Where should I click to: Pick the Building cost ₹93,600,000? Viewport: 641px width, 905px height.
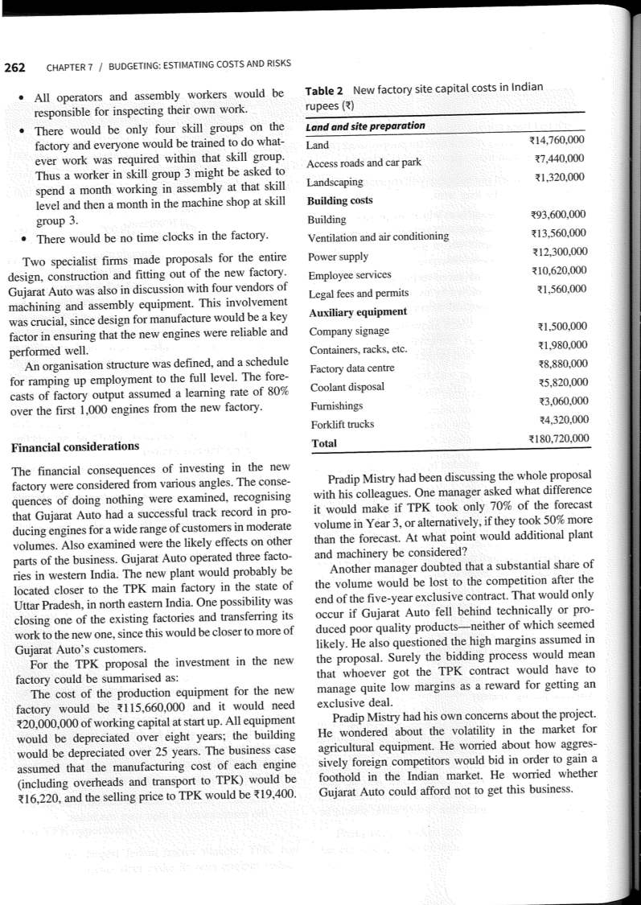(x=559, y=216)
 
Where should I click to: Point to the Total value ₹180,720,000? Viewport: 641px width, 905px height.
(x=557, y=438)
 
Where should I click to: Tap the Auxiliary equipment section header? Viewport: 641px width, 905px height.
(x=357, y=311)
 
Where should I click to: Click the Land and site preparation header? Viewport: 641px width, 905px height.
(x=366, y=126)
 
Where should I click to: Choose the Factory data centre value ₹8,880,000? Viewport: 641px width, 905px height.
(x=561, y=364)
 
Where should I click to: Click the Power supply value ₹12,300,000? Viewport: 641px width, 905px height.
(x=559, y=254)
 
